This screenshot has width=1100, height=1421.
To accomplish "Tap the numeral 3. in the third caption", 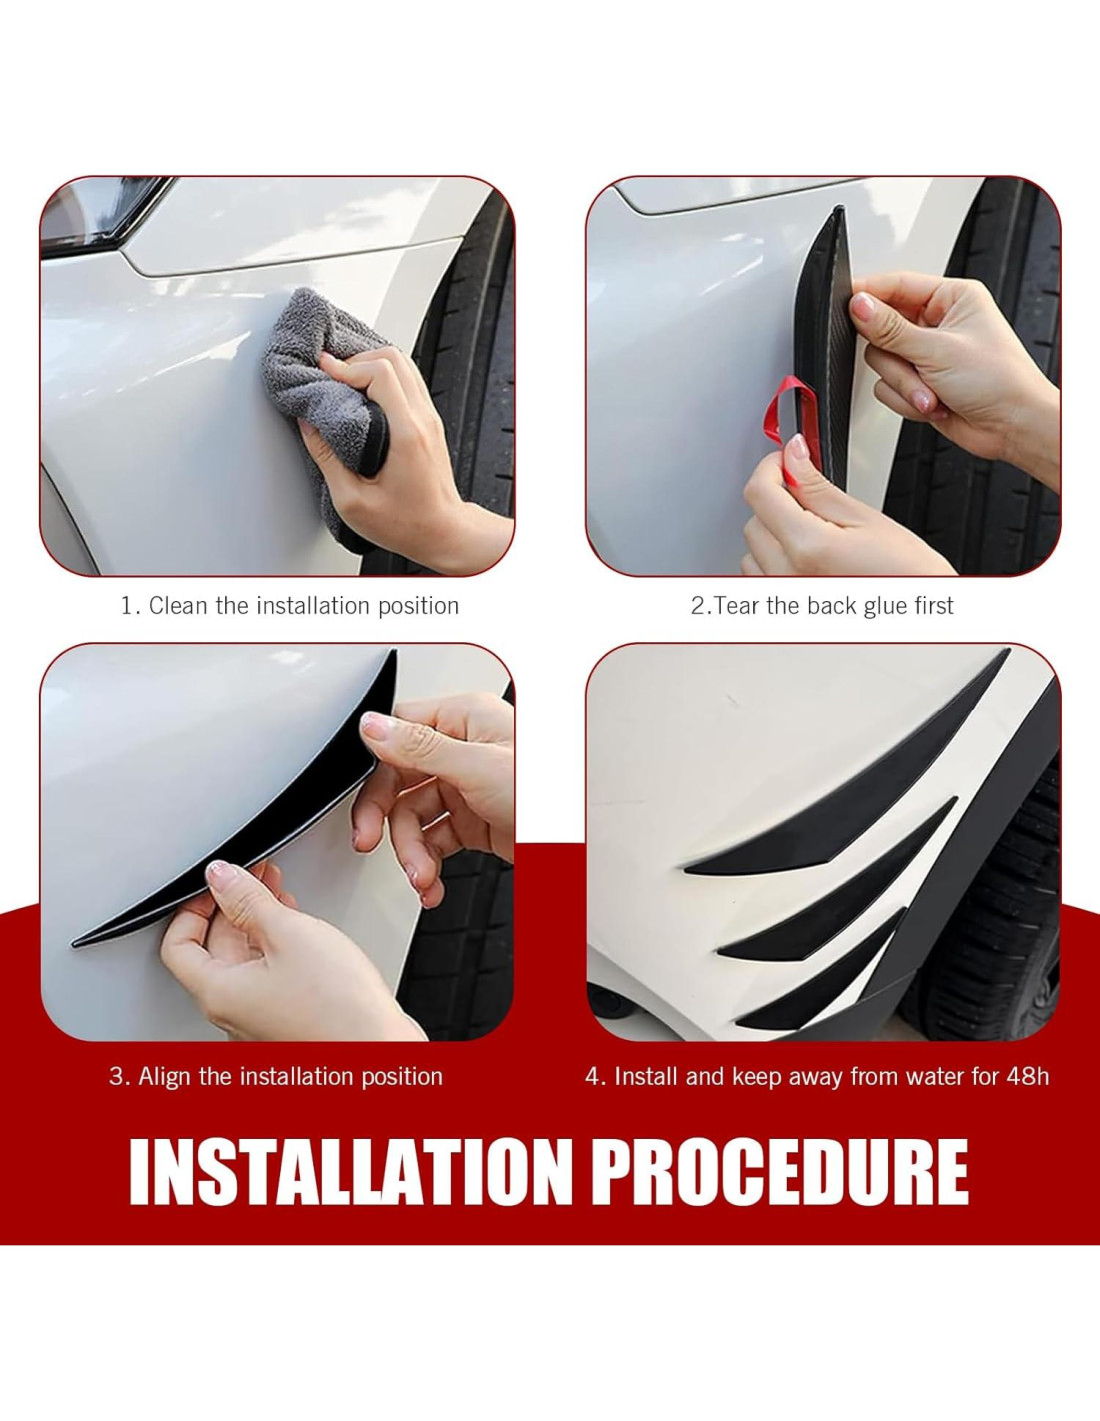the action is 118,1077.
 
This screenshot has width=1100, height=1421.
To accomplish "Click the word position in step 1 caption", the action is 419,607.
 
